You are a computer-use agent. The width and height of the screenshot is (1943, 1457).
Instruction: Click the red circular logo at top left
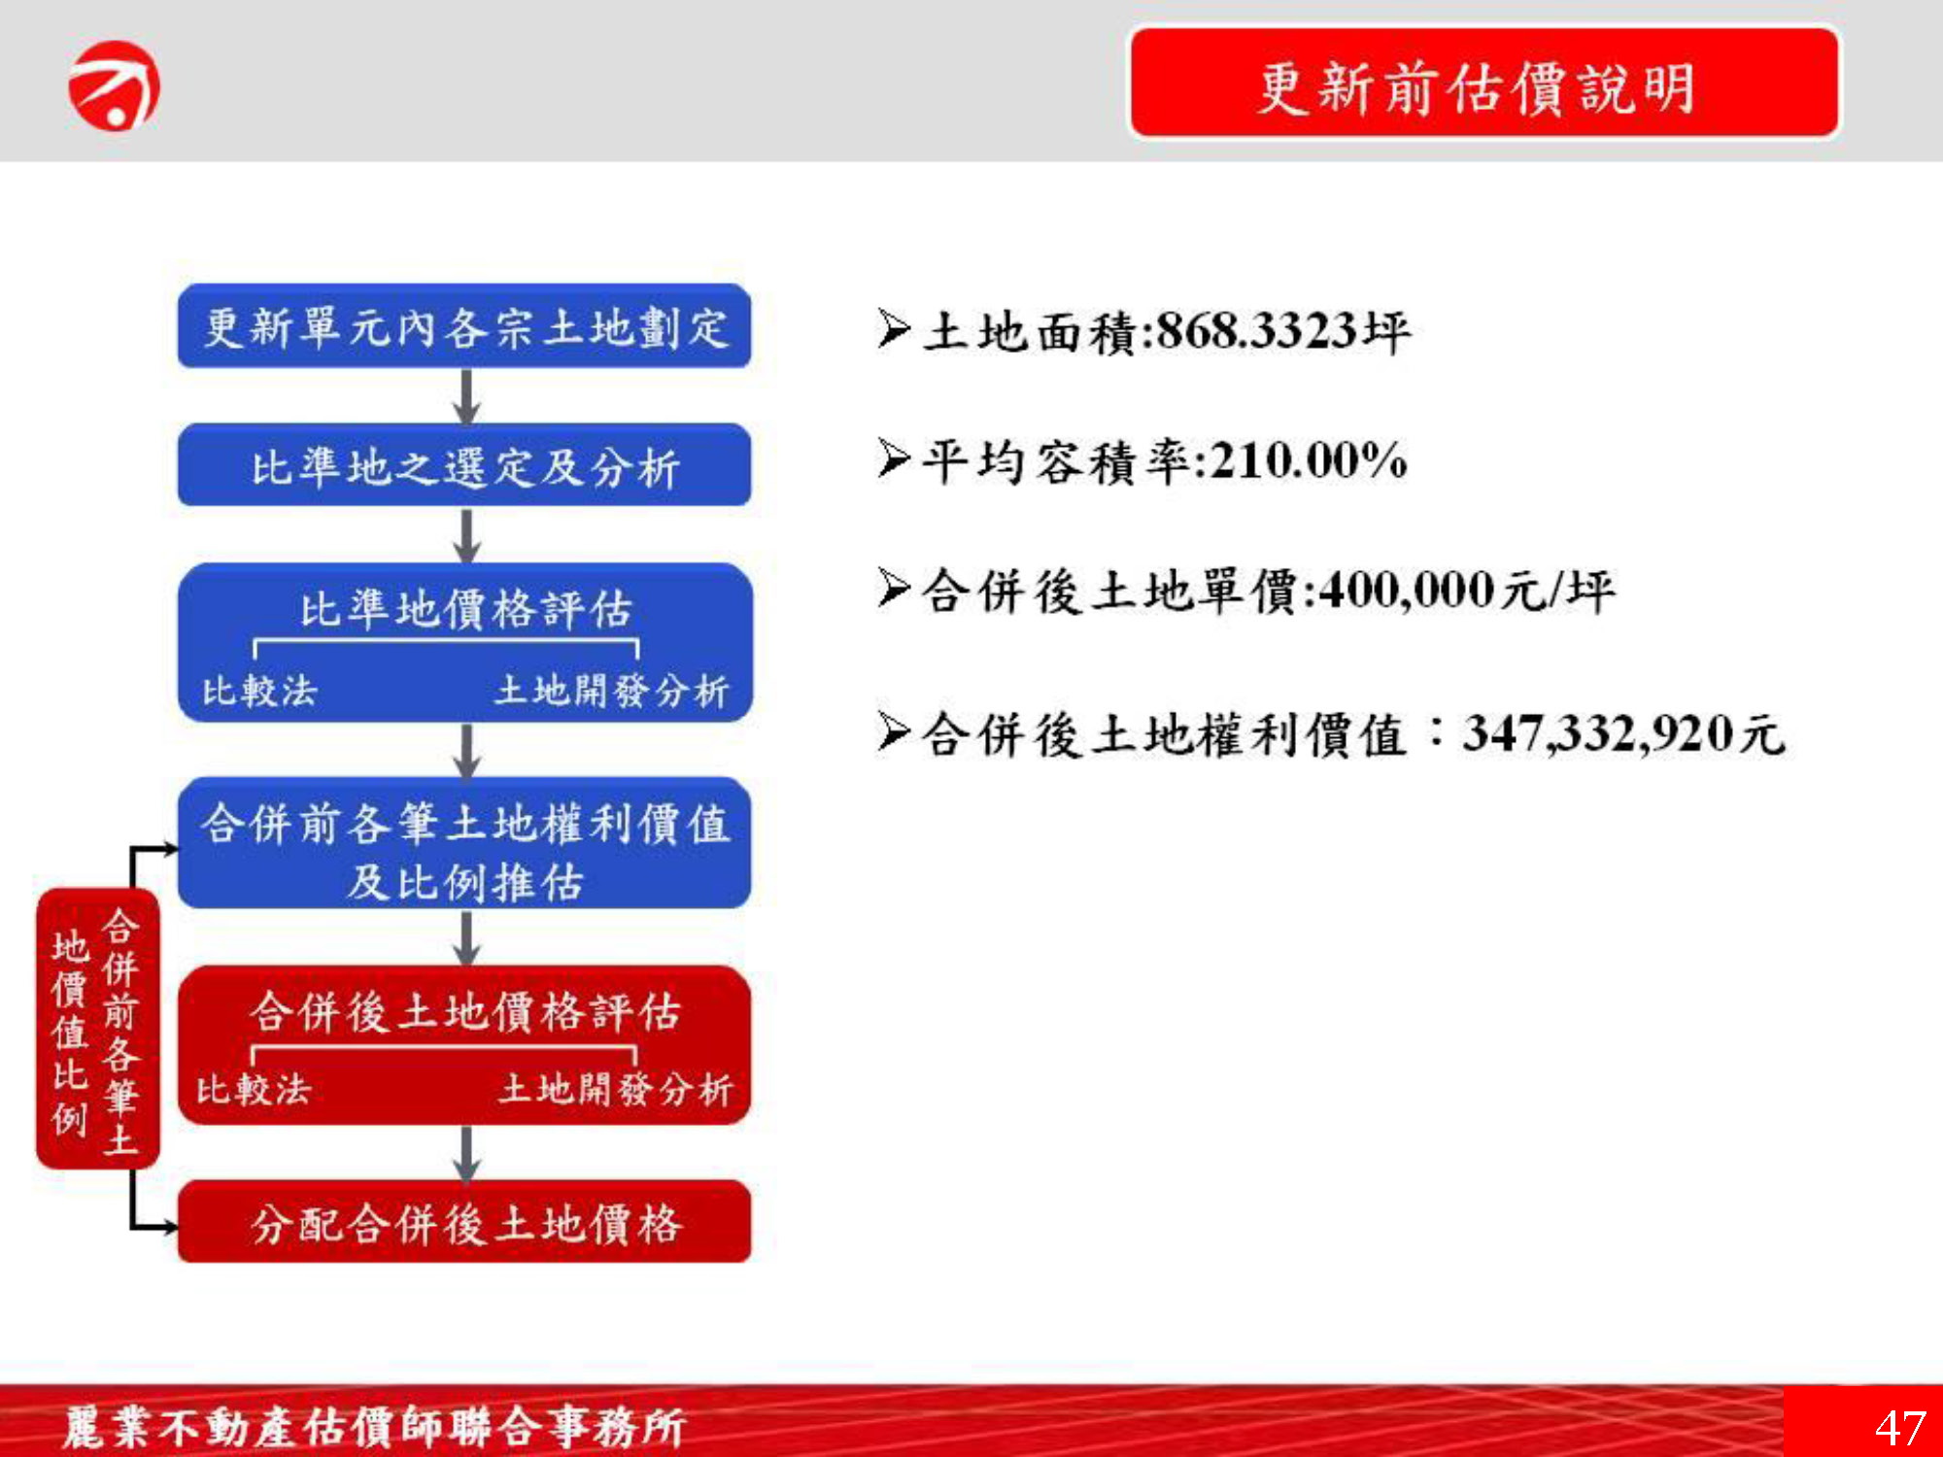click(114, 85)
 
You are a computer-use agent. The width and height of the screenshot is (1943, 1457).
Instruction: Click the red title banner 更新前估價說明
click(1484, 83)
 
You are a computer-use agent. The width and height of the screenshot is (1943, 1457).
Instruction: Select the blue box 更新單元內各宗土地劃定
click(464, 326)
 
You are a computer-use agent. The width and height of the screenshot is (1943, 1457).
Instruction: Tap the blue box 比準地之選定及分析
click(464, 465)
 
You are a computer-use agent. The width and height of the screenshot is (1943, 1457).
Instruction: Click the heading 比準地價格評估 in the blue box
click(466, 610)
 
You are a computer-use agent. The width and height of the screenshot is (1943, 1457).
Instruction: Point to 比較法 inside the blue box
click(260, 692)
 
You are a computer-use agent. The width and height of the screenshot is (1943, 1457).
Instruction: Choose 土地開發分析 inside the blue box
click(612, 692)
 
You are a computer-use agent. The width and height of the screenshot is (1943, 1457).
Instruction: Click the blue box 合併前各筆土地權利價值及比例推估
click(464, 843)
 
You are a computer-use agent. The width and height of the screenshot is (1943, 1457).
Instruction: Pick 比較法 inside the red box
click(255, 1090)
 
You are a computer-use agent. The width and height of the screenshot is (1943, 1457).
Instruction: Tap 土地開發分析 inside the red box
click(616, 1090)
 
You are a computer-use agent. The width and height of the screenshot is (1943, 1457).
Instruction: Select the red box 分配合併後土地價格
click(464, 1222)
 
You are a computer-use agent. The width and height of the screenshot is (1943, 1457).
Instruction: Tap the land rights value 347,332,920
click(1599, 733)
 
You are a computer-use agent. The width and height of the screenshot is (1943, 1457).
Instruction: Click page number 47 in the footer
click(1900, 1428)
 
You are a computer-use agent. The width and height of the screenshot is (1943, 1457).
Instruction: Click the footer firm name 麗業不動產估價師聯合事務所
click(375, 1427)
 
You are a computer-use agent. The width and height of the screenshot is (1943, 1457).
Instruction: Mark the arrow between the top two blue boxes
click(467, 396)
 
